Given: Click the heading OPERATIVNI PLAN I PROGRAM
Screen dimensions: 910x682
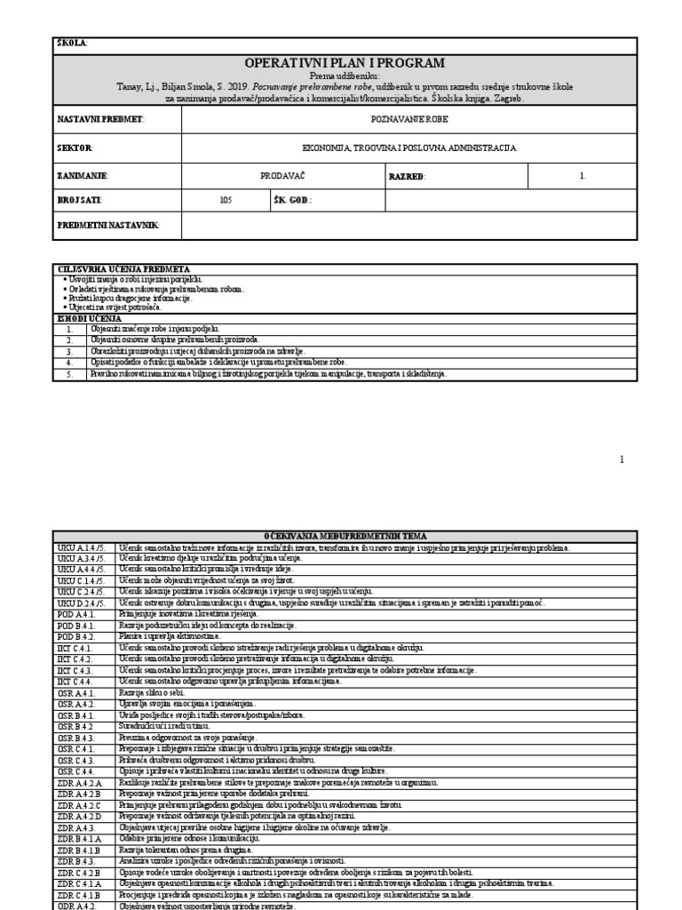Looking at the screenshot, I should pyautogui.click(x=344, y=63).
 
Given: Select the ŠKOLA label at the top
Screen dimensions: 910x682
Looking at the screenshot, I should pyautogui.click(x=73, y=44).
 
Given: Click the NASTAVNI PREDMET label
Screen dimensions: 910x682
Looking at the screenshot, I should pyautogui.click(x=100, y=119).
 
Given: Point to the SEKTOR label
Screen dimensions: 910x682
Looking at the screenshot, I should pyautogui.click(x=76, y=148).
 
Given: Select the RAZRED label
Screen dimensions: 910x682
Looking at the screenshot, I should pyautogui.click(x=408, y=176).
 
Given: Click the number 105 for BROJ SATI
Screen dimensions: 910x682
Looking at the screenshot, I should pyautogui.click(x=226, y=201).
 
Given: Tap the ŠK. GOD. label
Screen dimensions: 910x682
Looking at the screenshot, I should pyautogui.click(x=293, y=201).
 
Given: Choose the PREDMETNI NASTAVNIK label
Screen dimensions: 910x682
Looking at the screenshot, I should pyautogui.click(x=108, y=226).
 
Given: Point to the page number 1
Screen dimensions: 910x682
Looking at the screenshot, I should pyautogui.click(x=622, y=459).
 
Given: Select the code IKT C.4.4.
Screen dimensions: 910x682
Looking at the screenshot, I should pyautogui.click(x=75, y=681).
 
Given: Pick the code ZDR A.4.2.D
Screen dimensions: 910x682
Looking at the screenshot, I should pyautogui.click(x=80, y=815).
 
